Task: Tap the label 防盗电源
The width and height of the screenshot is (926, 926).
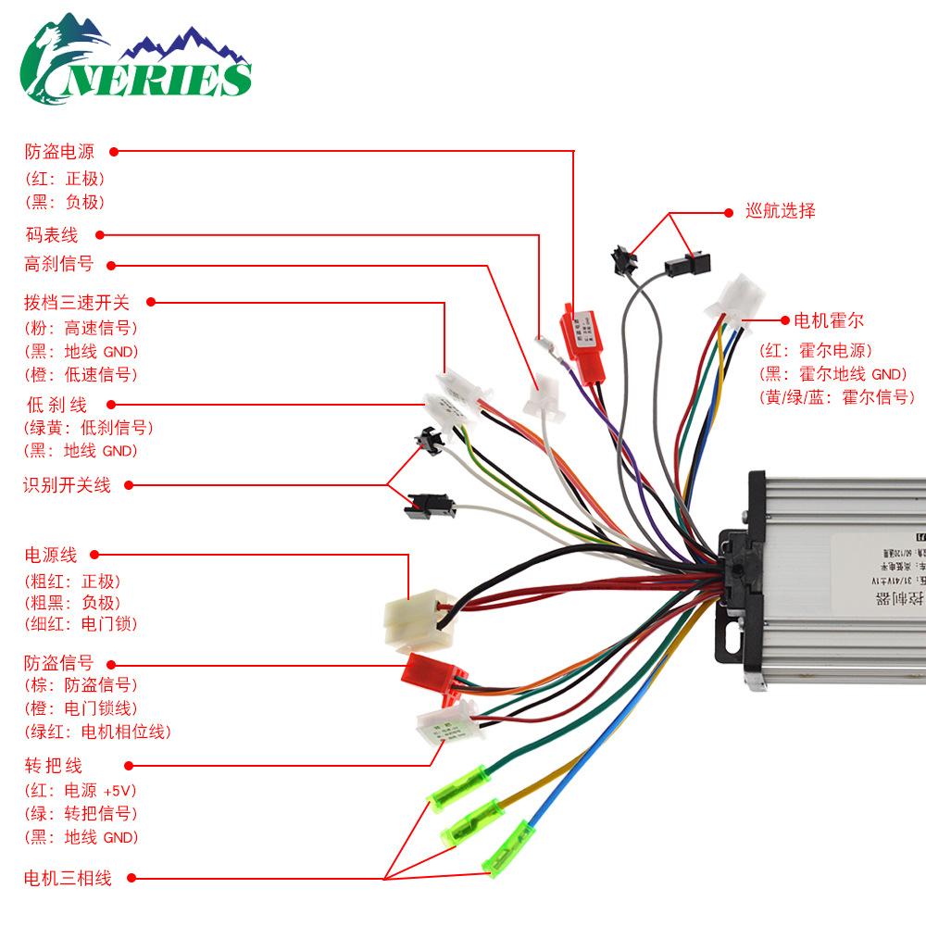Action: point(59,151)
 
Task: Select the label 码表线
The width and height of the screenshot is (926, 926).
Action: point(51,235)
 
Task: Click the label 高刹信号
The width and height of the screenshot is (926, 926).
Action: point(59,264)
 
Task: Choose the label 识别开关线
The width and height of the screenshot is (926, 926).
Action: point(68,484)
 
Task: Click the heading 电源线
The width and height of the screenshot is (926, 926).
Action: point(51,556)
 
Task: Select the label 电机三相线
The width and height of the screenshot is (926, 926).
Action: point(68,878)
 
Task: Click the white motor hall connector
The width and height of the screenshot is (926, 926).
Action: point(738,299)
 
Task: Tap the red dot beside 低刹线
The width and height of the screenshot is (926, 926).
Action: point(111,404)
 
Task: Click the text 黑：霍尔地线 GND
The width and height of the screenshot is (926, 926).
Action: point(832,374)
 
